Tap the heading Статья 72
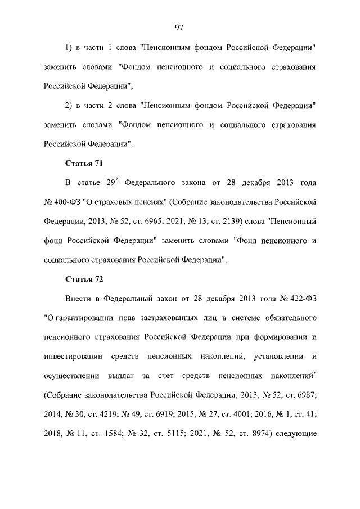[x=83, y=279]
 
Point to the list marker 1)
[x=70, y=47]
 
